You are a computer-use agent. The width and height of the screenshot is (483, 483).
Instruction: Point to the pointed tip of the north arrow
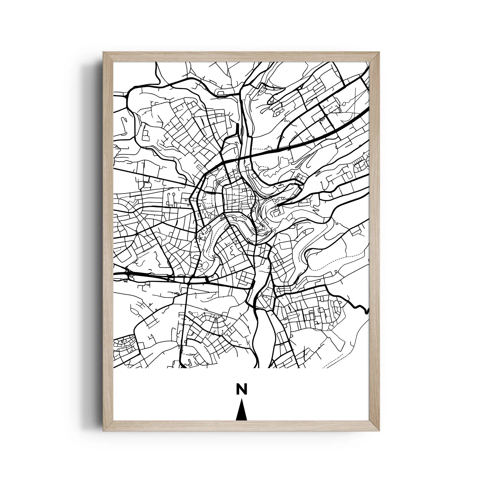241,401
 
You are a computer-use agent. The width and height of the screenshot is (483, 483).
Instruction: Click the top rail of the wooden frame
241,57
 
